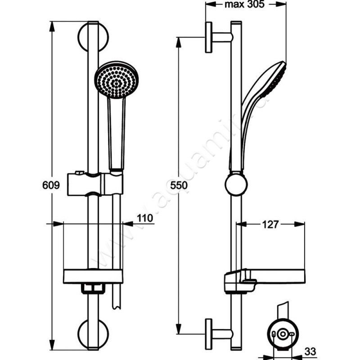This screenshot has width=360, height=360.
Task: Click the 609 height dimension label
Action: click(x=51, y=185)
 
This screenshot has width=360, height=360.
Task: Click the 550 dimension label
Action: click(x=178, y=185)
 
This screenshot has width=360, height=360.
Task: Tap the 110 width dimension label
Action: click(x=145, y=218)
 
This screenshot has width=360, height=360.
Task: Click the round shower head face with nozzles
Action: click(x=116, y=80)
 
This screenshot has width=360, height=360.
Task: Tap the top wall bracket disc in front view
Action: click(x=93, y=36)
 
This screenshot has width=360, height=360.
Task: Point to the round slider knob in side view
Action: click(x=236, y=184)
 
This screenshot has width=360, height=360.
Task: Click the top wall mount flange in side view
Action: click(x=209, y=37)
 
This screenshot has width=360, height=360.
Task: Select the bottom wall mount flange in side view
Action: click(x=209, y=334)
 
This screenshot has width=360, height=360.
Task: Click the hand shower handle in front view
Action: click(x=116, y=135)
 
